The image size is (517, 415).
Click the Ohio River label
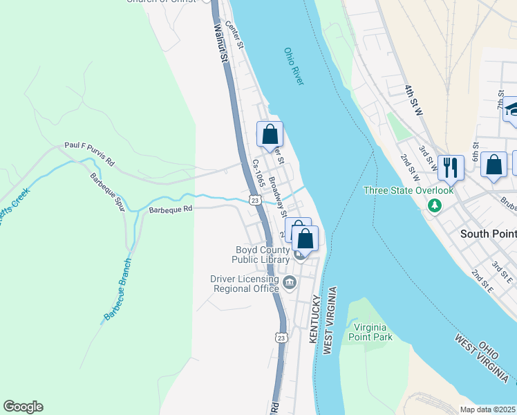294,66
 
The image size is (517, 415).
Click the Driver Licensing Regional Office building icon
290,282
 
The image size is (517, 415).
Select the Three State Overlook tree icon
434,205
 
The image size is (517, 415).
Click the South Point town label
488,234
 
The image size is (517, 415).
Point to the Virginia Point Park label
373,332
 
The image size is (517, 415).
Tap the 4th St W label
418,100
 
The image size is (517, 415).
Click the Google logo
23,407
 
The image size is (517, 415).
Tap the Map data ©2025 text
488,409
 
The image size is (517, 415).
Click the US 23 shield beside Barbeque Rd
255,200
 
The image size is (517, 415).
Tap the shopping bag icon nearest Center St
270,134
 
